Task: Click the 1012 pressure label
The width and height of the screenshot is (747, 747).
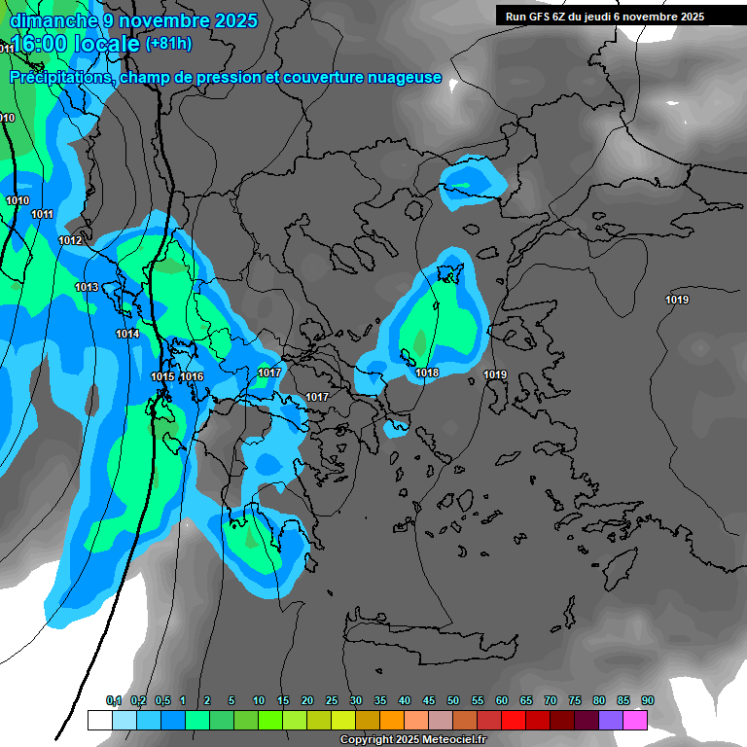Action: click(x=70, y=240)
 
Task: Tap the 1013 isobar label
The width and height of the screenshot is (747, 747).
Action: click(x=87, y=287)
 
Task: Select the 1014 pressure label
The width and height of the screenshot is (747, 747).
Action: click(x=127, y=334)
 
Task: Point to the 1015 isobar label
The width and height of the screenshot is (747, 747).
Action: click(x=162, y=376)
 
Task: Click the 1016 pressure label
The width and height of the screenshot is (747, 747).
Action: click(x=192, y=376)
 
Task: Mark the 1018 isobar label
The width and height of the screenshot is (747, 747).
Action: click(x=427, y=373)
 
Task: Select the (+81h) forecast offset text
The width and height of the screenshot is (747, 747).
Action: click(x=168, y=44)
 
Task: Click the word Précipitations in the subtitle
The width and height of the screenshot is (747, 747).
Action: click(x=59, y=77)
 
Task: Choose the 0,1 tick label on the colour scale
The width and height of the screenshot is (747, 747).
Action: click(x=114, y=701)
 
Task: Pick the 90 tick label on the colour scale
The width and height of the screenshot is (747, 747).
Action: click(x=648, y=701)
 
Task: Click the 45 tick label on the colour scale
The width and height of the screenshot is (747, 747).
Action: click(x=429, y=701)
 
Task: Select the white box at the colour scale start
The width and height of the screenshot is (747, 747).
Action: click(x=100, y=720)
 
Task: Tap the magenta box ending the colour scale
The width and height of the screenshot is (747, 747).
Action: click(x=635, y=720)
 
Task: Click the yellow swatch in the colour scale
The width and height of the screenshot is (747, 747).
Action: click(x=343, y=720)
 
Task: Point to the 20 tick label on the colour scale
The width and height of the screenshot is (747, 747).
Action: click(x=307, y=701)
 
